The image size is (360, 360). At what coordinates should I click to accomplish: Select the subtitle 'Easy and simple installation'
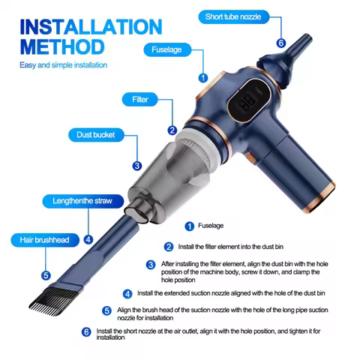[x=63, y=64]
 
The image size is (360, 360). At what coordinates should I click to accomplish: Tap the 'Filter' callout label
[x=140, y=99]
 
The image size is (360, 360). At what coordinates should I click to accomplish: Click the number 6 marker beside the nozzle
[x=281, y=43]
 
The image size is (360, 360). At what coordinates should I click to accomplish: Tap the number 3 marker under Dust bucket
[x=136, y=166]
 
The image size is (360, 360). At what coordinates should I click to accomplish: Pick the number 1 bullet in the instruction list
[x=190, y=225]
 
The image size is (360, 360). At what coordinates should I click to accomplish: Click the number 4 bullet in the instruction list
[x=127, y=293]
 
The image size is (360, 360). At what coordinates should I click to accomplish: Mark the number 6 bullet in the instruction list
[x=85, y=331]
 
